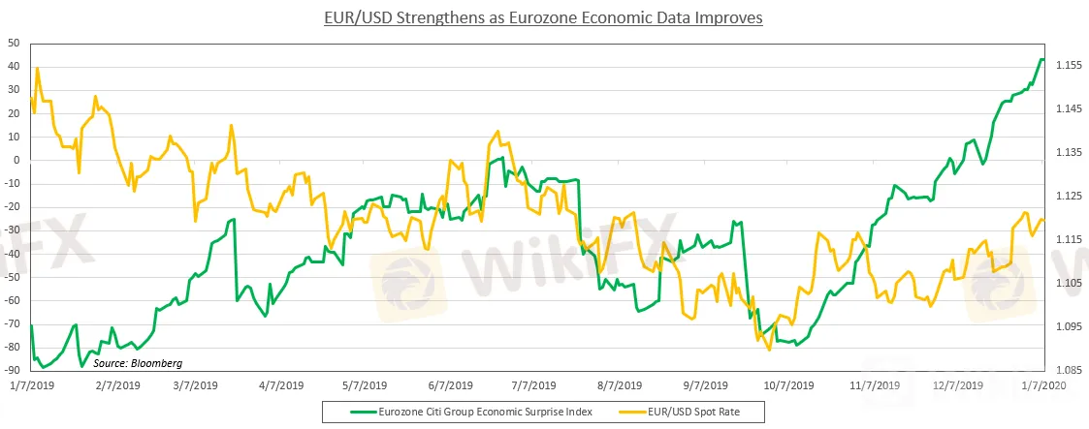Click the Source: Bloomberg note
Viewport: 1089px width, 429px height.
[x=138, y=363]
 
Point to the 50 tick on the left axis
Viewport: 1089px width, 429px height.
[x=14, y=44]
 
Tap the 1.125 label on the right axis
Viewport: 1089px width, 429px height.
[x=1068, y=197]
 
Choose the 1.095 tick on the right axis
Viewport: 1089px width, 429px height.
[x=1068, y=327]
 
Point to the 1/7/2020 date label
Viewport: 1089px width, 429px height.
[x=1043, y=384]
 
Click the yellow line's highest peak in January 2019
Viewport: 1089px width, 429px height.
[x=37, y=68]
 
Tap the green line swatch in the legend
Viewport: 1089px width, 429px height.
[x=363, y=411]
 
